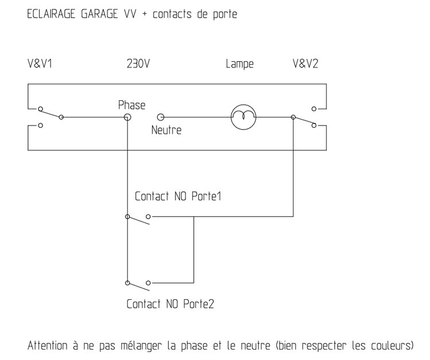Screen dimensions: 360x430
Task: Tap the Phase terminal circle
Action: click(x=127, y=117)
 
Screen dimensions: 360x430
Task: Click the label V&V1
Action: click(x=40, y=64)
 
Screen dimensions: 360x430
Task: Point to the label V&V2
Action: click(x=305, y=64)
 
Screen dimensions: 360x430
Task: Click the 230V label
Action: click(x=138, y=64)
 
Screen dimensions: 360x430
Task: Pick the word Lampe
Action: click(x=240, y=64)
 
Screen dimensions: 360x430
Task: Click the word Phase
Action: click(x=131, y=105)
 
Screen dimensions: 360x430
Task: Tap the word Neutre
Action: click(x=166, y=130)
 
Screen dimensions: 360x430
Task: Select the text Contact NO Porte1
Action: click(x=178, y=197)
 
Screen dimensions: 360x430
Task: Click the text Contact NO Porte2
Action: click(x=170, y=303)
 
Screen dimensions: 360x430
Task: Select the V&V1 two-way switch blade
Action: click(x=49, y=112)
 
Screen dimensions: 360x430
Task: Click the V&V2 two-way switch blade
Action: click(x=303, y=121)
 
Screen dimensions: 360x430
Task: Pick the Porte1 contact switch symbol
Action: click(x=138, y=220)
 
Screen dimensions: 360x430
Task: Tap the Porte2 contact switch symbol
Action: click(x=138, y=285)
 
